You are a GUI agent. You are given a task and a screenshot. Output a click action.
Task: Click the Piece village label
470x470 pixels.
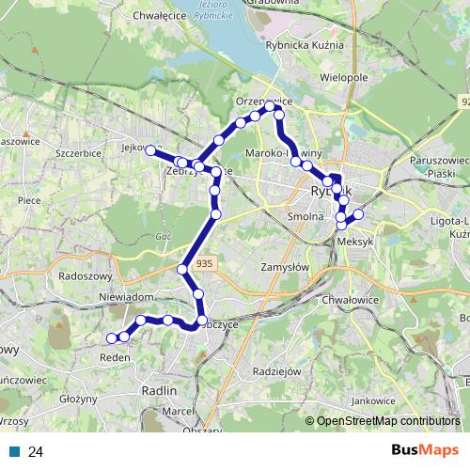click(x=28, y=198)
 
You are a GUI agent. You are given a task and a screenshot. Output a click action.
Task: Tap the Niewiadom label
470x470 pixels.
click(x=125, y=296)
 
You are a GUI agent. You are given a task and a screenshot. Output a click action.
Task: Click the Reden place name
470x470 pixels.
click(x=115, y=358)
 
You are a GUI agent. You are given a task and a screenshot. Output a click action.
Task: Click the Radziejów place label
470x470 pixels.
click(x=276, y=370)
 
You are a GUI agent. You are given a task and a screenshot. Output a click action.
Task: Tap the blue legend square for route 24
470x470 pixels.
click(x=14, y=451)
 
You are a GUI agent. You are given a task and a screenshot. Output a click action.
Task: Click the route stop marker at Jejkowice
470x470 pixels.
click(x=150, y=149)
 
